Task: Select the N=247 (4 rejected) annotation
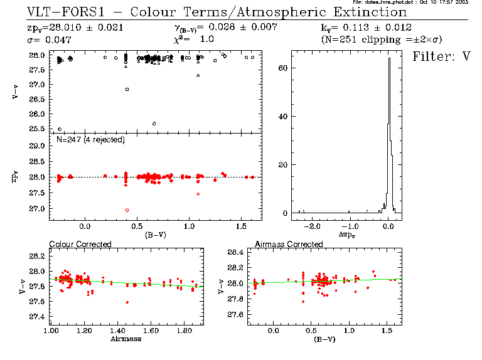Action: click(90, 139)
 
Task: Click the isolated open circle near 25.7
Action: click(154, 124)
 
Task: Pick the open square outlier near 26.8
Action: click(127, 90)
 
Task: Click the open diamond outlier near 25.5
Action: click(60, 129)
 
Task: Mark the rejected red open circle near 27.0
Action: click(127, 210)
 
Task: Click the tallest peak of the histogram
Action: click(389, 60)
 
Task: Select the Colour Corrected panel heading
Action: click(80, 243)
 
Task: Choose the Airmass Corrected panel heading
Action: click(283, 243)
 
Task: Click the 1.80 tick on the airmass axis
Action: click(183, 329)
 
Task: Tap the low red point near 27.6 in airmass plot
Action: click(127, 302)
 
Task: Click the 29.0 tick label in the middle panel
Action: click(38, 146)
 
